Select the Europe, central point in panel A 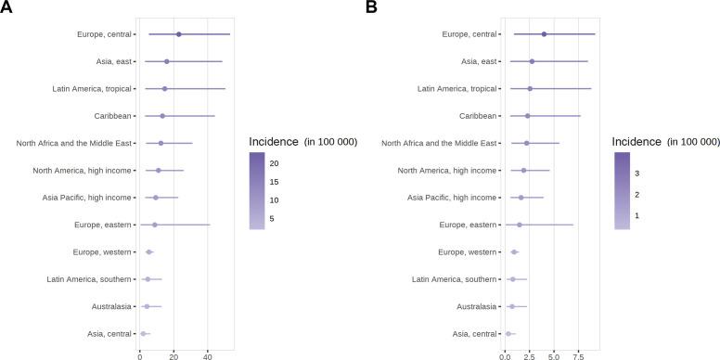click(x=179, y=34)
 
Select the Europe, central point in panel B click(x=544, y=34)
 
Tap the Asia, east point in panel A click(x=167, y=61)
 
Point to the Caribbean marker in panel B click(x=528, y=116)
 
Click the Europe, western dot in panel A click(x=149, y=252)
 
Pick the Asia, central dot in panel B click(x=508, y=333)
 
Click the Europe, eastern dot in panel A click(x=155, y=225)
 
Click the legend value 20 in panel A click(x=275, y=162)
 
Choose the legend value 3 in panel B click(x=636, y=173)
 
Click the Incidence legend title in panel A click(x=302, y=141)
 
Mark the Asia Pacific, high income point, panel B click(x=521, y=198)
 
